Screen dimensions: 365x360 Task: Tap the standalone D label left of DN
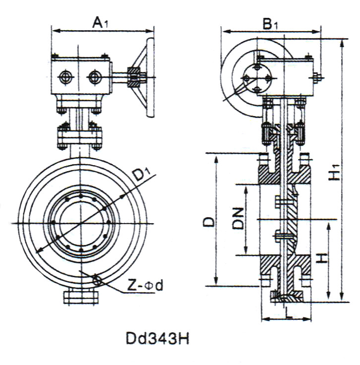(x=210, y=221)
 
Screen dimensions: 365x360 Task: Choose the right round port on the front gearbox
(x=93, y=77)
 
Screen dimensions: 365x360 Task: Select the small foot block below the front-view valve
(x=79, y=298)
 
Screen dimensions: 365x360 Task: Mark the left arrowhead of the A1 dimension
(x=54, y=31)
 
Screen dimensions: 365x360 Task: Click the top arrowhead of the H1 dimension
(x=341, y=42)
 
